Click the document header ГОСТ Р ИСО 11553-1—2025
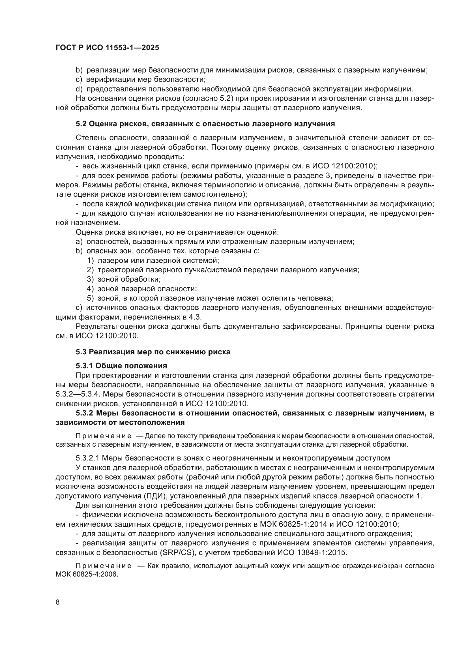pos(107,48)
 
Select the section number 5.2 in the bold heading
pos(81,124)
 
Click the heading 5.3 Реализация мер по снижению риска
pos(153,352)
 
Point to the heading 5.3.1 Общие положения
pos(121,366)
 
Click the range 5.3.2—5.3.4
pos(78,394)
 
